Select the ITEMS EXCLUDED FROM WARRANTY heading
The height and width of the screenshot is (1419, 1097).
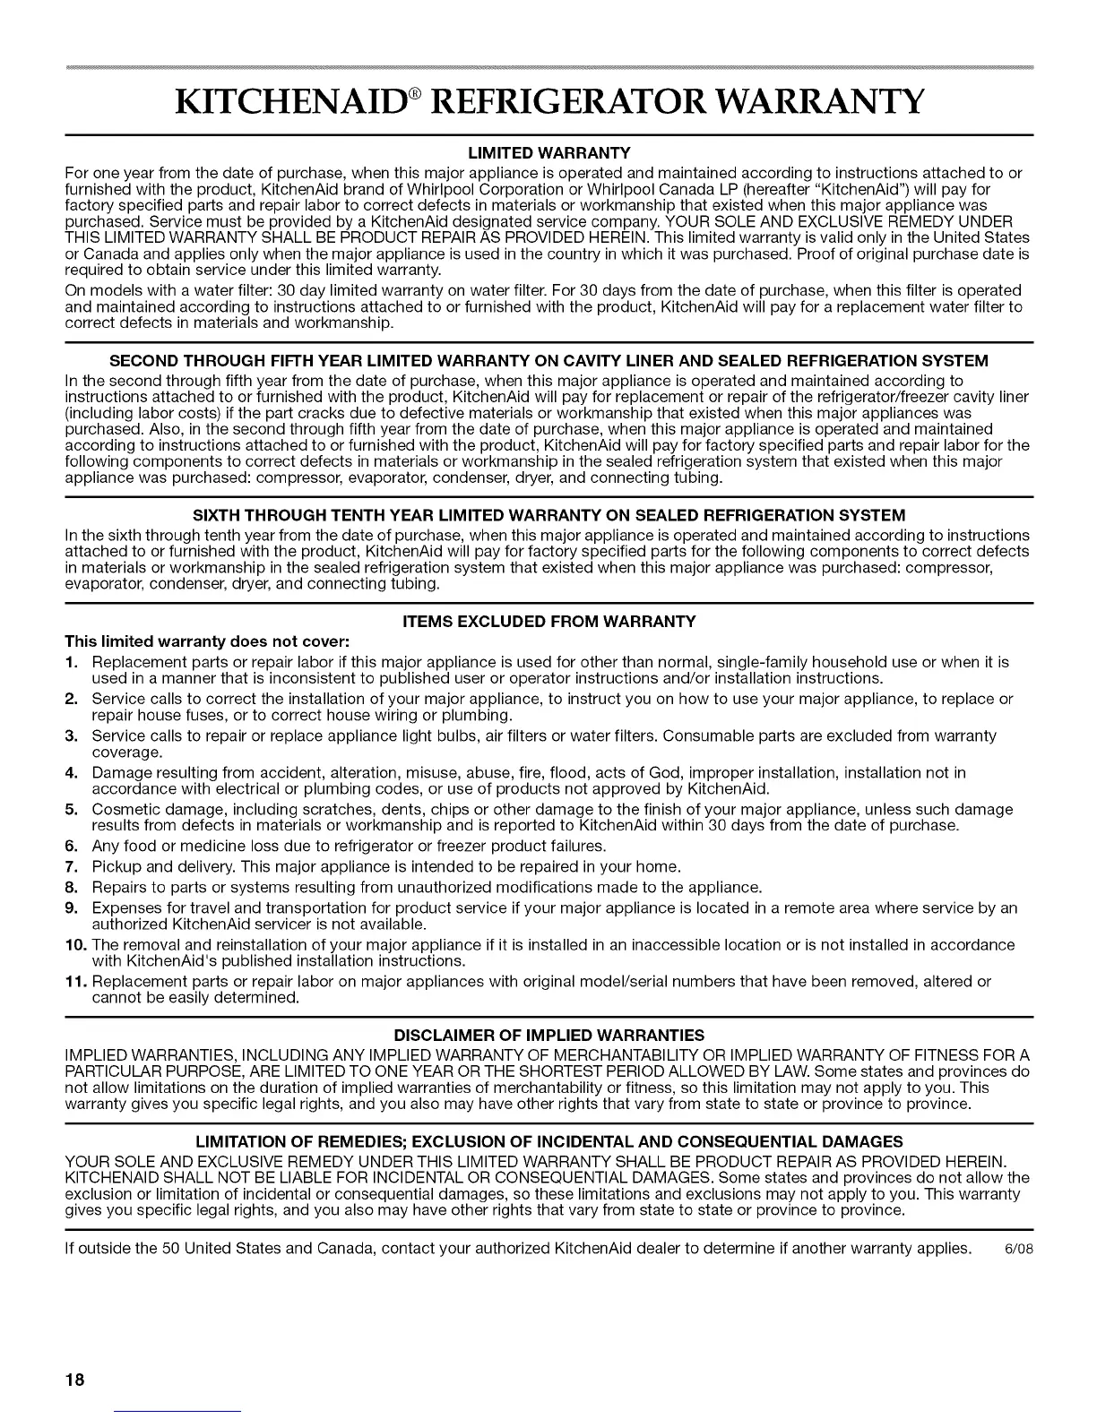point(549,622)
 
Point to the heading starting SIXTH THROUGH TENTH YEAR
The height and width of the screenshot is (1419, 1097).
point(549,515)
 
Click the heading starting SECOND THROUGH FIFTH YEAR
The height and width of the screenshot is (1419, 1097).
point(549,361)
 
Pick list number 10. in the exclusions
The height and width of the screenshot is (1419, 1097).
point(73,944)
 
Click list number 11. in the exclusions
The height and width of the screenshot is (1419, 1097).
point(73,981)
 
